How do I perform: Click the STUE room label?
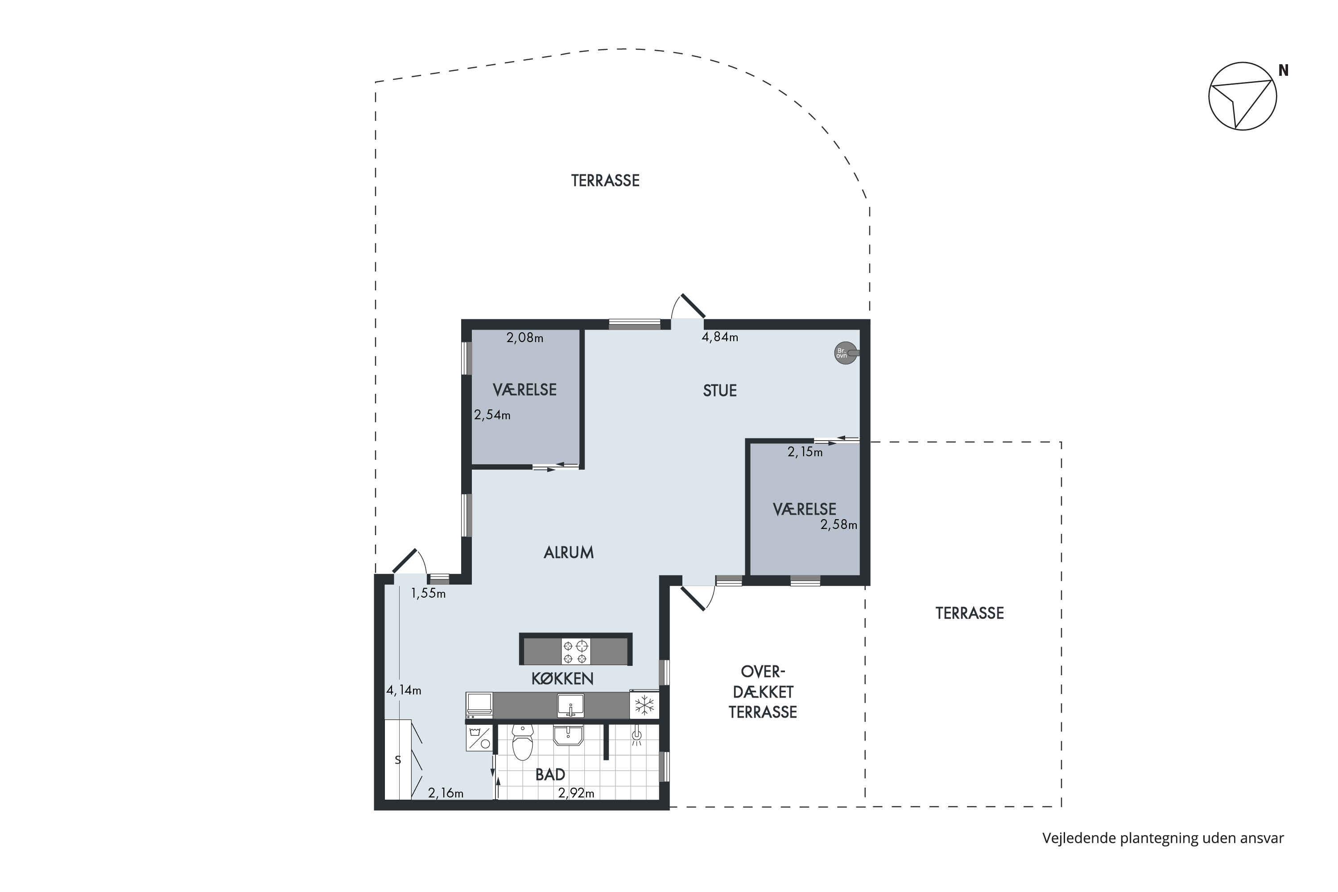(x=720, y=390)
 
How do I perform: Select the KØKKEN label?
(x=562, y=679)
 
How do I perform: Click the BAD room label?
(x=550, y=774)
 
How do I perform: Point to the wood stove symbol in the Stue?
(x=846, y=353)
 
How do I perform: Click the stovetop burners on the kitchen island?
(x=575, y=651)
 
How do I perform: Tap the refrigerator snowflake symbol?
(x=644, y=706)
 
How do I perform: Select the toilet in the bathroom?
(x=522, y=743)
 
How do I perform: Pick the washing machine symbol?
(x=479, y=737)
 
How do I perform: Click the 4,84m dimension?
(x=720, y=337)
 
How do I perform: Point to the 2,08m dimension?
(x=524, y=338)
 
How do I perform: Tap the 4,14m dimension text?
(x=404, y=690)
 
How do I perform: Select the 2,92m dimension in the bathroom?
(x=576, y=793)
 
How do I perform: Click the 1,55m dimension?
(x=428, y=593)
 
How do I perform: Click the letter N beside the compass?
(x=1284, y=70)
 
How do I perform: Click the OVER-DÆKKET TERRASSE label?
(x=763, y=692)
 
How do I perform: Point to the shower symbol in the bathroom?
(x=637, y=735)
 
